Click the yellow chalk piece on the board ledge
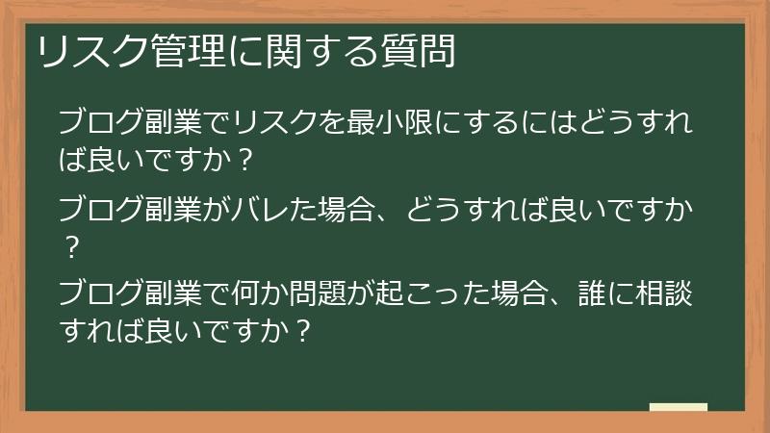678,407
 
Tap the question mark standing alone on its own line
70,248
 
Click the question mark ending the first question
244,161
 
